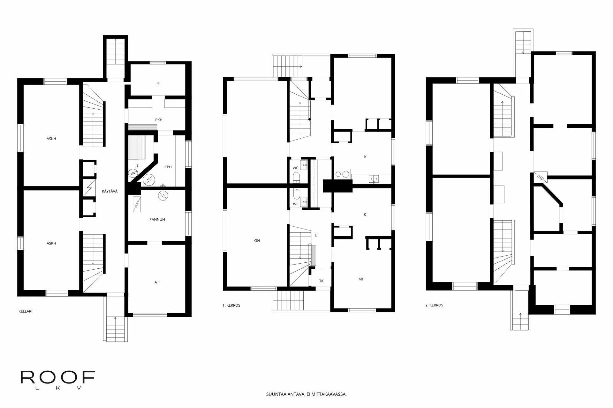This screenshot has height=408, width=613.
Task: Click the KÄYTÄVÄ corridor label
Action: point(110,191)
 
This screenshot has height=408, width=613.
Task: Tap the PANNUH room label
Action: point(157,220)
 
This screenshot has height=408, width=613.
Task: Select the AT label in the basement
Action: point(157,282)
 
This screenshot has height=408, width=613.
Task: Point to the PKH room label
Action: point(159,120)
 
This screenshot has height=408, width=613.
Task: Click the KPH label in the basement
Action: point(168,167)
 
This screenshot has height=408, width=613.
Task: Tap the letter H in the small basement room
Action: point(158,83)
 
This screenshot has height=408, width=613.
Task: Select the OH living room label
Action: point(257,241)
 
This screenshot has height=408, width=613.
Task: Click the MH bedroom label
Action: point(361,279)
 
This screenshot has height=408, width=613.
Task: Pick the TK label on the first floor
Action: point(322,281)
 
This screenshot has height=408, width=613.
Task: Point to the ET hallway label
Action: point(317,235)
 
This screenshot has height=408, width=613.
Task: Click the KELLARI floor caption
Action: point(26,311)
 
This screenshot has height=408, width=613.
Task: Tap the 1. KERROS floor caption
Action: point(231,305)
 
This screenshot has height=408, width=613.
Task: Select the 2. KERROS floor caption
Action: point(434,305)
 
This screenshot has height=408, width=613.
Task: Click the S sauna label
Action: point(138,166)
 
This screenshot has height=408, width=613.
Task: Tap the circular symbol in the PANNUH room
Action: point(163,195)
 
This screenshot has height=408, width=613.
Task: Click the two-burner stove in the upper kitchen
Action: point(342,174)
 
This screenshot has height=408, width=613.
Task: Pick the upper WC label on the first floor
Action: point(296,168)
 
